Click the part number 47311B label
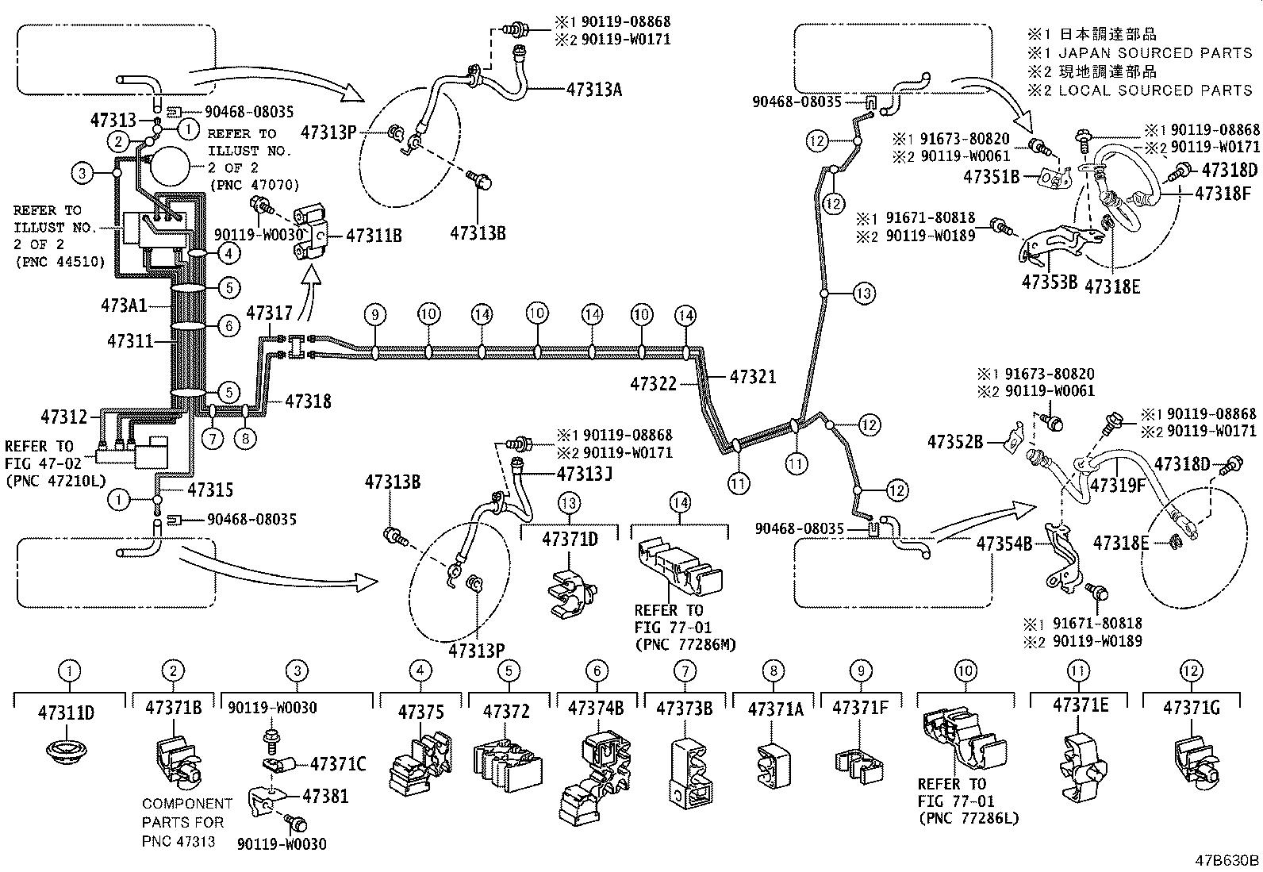click(x=374, y=236)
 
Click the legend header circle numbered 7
click(x=685, y=671)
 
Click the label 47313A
click(x=593, y=89)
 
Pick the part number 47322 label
click(x=653, y=384)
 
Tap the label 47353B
click(x=1049, y=282)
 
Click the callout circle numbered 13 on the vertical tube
click(x=865, y=294)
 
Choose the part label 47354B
click(x=1004, y=544)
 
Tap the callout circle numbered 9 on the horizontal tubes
click(x=376, y=314)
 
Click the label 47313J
click(x=584, y=474)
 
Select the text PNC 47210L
click(x=56, y=481)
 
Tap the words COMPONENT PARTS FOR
click(x=187, y=812)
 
